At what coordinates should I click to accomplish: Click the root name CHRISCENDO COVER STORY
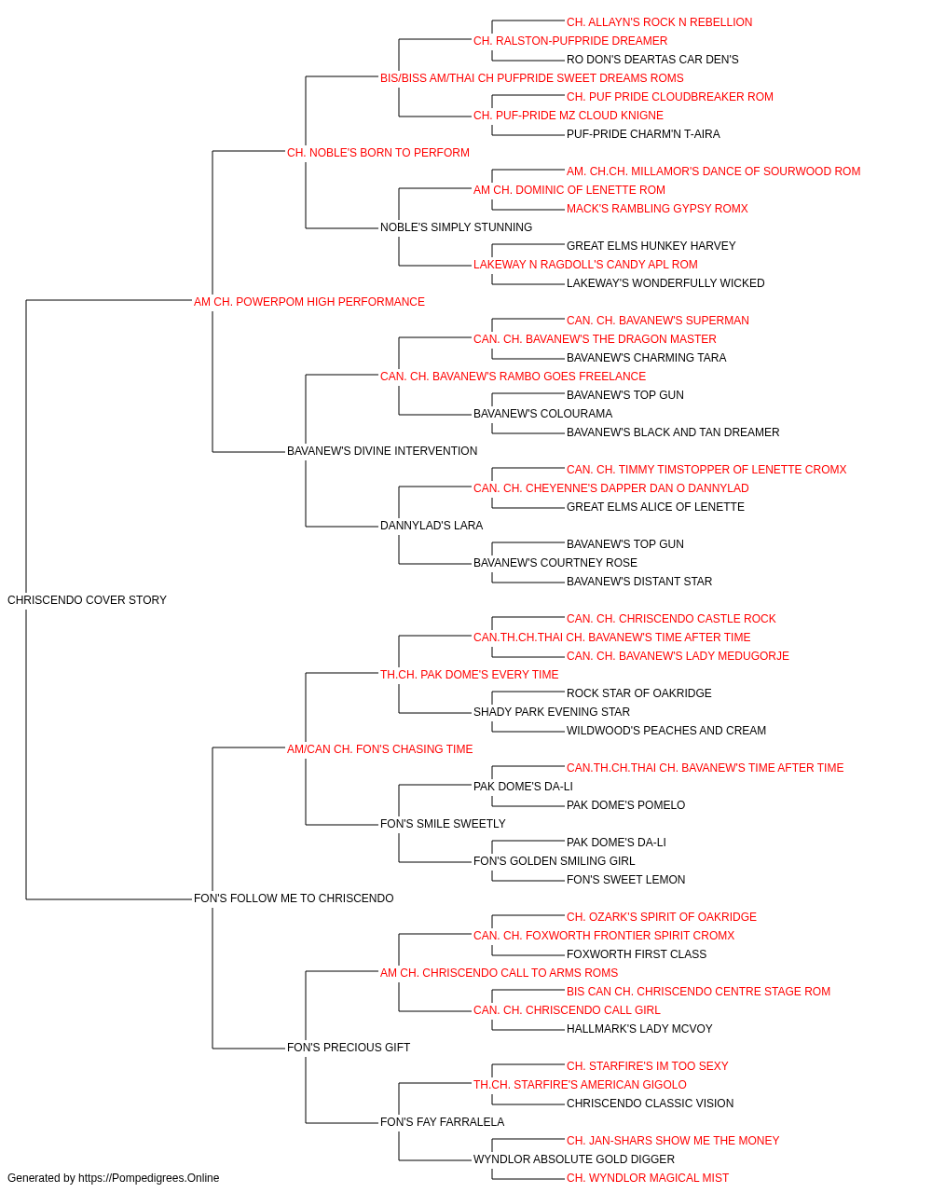click(87, 600)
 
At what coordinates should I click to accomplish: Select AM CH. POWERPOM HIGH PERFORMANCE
click(309, 302)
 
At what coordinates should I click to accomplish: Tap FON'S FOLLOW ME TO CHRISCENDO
click(294, 898)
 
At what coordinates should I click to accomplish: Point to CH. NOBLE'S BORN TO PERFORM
click(378, 153)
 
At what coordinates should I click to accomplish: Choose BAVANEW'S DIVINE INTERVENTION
click(382, 451)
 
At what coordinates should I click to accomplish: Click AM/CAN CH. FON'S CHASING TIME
click(380, 748)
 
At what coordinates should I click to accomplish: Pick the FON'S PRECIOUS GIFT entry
click(349, 1047)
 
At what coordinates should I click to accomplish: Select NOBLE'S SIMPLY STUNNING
click(456, 227)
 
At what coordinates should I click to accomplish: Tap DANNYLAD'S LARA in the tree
click(432, 526)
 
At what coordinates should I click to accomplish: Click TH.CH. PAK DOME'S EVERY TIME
click(470, 674)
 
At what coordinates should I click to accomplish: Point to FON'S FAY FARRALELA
click(443, 1121)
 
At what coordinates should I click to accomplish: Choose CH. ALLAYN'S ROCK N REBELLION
click(659, 22)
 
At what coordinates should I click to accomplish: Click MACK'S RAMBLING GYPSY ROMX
click(657, 209)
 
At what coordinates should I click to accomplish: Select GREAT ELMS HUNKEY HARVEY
click(651, 246)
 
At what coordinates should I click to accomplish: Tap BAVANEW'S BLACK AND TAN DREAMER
click(673, 432)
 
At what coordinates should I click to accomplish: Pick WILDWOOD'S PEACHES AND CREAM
click(666, 730)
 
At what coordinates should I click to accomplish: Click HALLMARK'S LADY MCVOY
click(639, 1028)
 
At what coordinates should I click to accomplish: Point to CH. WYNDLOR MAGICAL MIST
click(648, 1178)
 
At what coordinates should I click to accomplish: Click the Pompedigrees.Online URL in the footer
click(149, 1178)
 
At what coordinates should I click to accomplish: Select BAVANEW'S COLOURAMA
click(542, 414)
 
